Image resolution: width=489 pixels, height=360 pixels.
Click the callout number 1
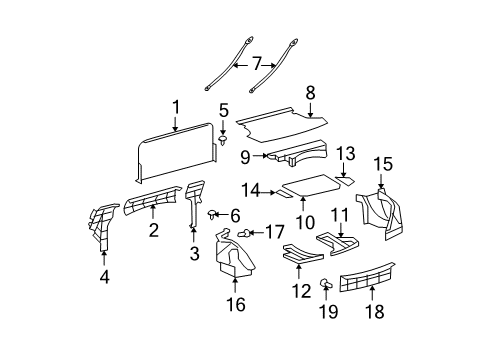(x=175, y=106)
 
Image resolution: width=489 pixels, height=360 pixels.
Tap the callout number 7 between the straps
(x=256, y=63)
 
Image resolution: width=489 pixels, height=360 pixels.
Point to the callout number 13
(x=345, y=153)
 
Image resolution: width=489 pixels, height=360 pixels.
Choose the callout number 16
(x=236, y=306)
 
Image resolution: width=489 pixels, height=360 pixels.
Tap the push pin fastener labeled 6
(x=214, y=214)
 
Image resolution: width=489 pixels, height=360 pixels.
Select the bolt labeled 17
(x=245, y=232)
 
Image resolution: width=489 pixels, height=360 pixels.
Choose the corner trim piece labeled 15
(x=382, y=209)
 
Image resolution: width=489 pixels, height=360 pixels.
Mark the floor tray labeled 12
(x=301, y=256)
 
